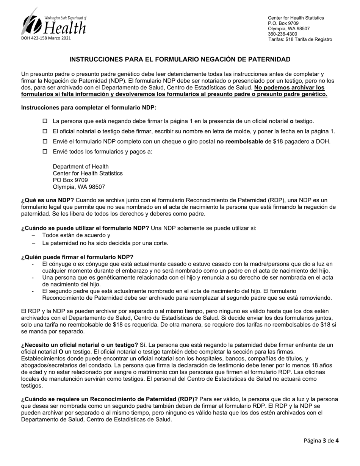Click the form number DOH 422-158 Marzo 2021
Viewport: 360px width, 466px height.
click(46, 38)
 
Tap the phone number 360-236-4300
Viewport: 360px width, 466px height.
click(282, 34)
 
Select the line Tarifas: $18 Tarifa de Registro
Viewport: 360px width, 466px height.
click(300, 39)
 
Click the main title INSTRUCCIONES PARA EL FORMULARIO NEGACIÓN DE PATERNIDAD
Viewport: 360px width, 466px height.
click(180, 59)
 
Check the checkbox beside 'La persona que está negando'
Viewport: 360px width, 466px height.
click(45, 121)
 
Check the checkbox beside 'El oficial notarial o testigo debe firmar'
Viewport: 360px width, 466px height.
click(45, 131)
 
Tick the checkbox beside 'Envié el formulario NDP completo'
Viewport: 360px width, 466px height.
click(45, 142)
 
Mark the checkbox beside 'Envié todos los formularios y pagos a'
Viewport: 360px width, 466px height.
click(45, 152)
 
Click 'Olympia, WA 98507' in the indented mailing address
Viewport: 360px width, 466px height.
click(79, 187)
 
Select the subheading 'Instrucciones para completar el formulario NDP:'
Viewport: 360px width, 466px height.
click(89, 108)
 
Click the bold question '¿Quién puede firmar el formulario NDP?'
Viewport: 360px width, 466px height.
click(77, 257)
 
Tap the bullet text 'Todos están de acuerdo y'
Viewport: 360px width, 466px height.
click(76, 235)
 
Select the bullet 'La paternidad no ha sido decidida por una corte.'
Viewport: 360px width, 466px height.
click(105, 243)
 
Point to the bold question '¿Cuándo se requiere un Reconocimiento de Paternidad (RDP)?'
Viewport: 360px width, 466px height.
click(110, 399)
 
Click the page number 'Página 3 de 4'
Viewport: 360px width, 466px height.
click(321, 440)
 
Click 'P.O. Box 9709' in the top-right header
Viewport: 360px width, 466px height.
click(283, 23)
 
